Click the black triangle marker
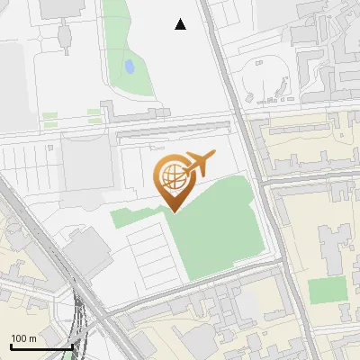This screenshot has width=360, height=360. pyautogui.click(x=181, y=24)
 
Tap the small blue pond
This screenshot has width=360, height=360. pyautogui.click(x=130, y=67)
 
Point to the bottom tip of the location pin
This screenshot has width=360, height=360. pyautogui.click(x=172, y=211)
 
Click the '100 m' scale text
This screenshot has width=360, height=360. pyautogui.click(x=24, y=337)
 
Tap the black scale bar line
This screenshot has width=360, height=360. pyautogui.click(x=41, y=346)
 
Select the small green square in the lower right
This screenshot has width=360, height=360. pyautogui.click(x=326, y=291)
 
